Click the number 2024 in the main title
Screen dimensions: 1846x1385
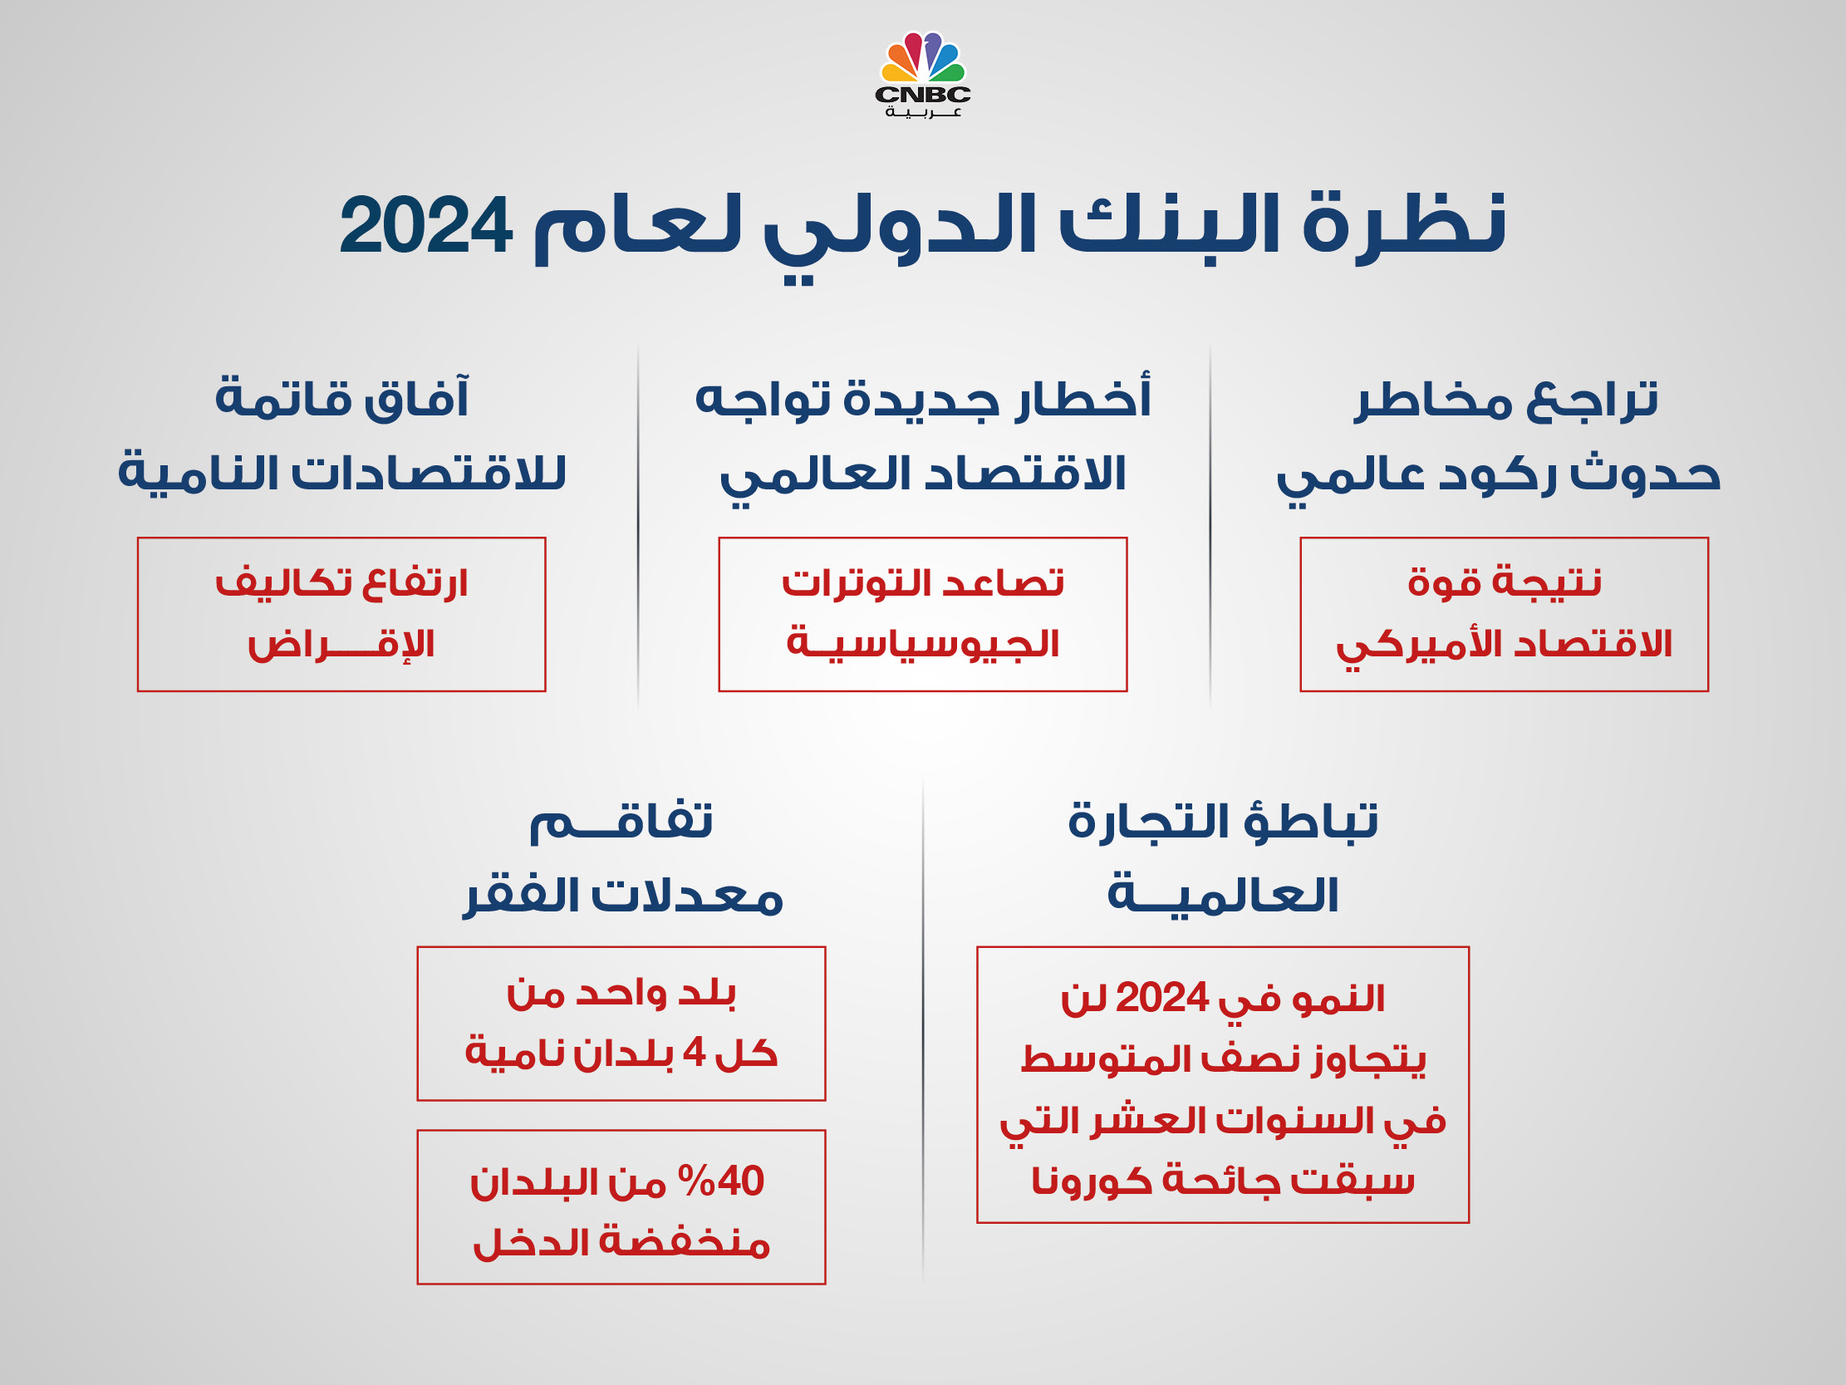(x=425, y=225)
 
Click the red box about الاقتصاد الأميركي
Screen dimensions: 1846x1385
(x=1504, y=614)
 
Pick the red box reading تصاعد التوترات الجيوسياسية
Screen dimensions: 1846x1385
(x=923, y=614)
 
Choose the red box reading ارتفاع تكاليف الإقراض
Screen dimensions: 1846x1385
(x=341, y=614)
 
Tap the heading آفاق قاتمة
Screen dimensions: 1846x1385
(x=342, y=396)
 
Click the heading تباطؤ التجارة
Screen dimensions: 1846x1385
(x=1223, y=823)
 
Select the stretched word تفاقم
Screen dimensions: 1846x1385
(x=621, y=823)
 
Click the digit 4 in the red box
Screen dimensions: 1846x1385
(x=695, y=1052)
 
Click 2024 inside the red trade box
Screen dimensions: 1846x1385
(x=1151, y=998)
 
